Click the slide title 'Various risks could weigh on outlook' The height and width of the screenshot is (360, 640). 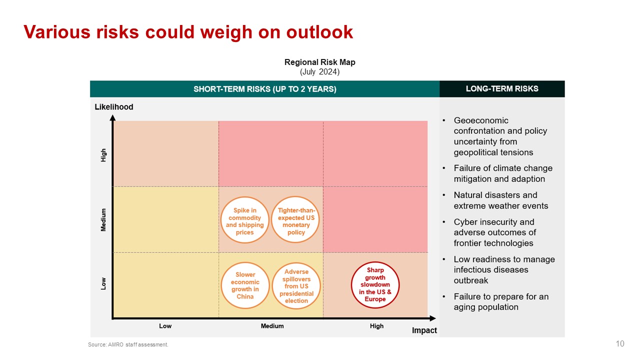[188, 32]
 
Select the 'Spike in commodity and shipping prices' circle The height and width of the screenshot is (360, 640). [245, 220]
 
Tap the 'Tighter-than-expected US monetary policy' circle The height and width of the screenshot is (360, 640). [296, 220]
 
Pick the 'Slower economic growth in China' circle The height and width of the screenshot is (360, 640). [245, 285]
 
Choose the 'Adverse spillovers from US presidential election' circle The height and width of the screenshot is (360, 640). [296, 285]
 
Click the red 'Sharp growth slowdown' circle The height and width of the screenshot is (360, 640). [375, 284]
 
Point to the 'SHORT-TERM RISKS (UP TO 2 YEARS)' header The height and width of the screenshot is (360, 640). [264, 89]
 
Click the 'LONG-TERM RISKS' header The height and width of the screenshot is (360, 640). [502, 89]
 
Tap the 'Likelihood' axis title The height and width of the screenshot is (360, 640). [114, 106]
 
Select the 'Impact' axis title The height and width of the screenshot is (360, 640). [424, 330]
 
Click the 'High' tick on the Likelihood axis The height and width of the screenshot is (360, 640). [104, 154]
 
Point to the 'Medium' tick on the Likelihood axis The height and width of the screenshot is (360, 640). [104, 219]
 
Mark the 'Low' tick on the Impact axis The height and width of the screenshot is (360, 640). [165, 326]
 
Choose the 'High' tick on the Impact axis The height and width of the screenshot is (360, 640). [376, 326]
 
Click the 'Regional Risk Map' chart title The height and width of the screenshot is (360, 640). [319, 62]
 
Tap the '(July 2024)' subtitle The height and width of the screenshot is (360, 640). [319, 72]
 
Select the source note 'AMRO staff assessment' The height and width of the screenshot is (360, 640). [128, 344]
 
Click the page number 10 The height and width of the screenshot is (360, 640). [620, 343]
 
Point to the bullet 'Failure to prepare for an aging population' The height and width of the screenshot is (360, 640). [500, 302]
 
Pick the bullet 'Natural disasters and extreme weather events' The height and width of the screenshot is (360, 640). [500, 200]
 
